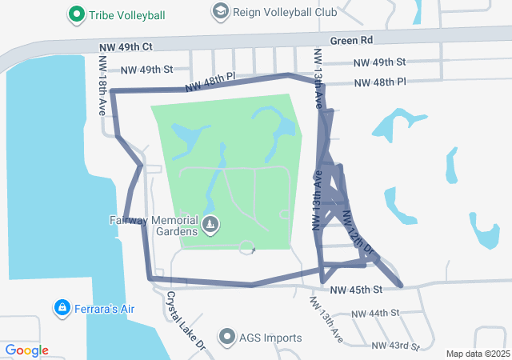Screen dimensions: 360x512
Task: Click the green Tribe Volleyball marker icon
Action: point(76,14)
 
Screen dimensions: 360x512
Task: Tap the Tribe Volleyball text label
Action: point(128,15)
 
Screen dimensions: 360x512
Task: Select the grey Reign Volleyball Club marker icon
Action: point(219,11)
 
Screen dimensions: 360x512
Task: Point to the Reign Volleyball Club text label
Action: point(274,12)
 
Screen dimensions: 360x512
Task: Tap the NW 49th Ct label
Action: point(126,48)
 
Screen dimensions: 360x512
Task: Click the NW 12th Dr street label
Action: point(358,234)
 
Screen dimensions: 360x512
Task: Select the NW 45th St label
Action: point(356,289)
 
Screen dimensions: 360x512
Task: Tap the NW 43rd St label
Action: point(396,346)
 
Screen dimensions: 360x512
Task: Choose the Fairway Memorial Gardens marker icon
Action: point(210,225)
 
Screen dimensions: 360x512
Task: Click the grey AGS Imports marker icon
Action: point(227,337)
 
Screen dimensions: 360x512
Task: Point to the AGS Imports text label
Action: point(270,338)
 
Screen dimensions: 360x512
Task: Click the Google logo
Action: point(26,350)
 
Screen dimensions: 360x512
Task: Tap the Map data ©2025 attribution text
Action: point(477,354)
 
